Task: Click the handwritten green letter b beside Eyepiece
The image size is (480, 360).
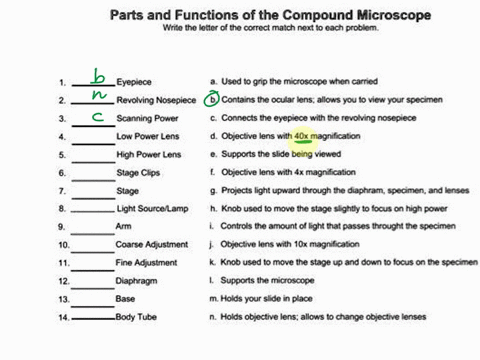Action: (x=98, y=77)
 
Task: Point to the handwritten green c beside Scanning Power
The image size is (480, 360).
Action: (x=97, y=115)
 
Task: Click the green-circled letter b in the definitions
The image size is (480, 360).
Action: (x=211, y=99)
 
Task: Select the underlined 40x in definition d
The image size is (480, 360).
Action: (x=301, y=136)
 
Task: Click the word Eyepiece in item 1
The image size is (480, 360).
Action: (x=135, y=82)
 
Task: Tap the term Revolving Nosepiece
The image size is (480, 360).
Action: (x=156, y=100)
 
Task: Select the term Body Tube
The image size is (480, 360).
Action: (x=138, y=317)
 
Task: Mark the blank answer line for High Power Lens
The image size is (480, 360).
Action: (x=92, y=158)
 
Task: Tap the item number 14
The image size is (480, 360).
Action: (x=63, y=317)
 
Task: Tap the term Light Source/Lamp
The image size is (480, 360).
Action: (x=153, y=209)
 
